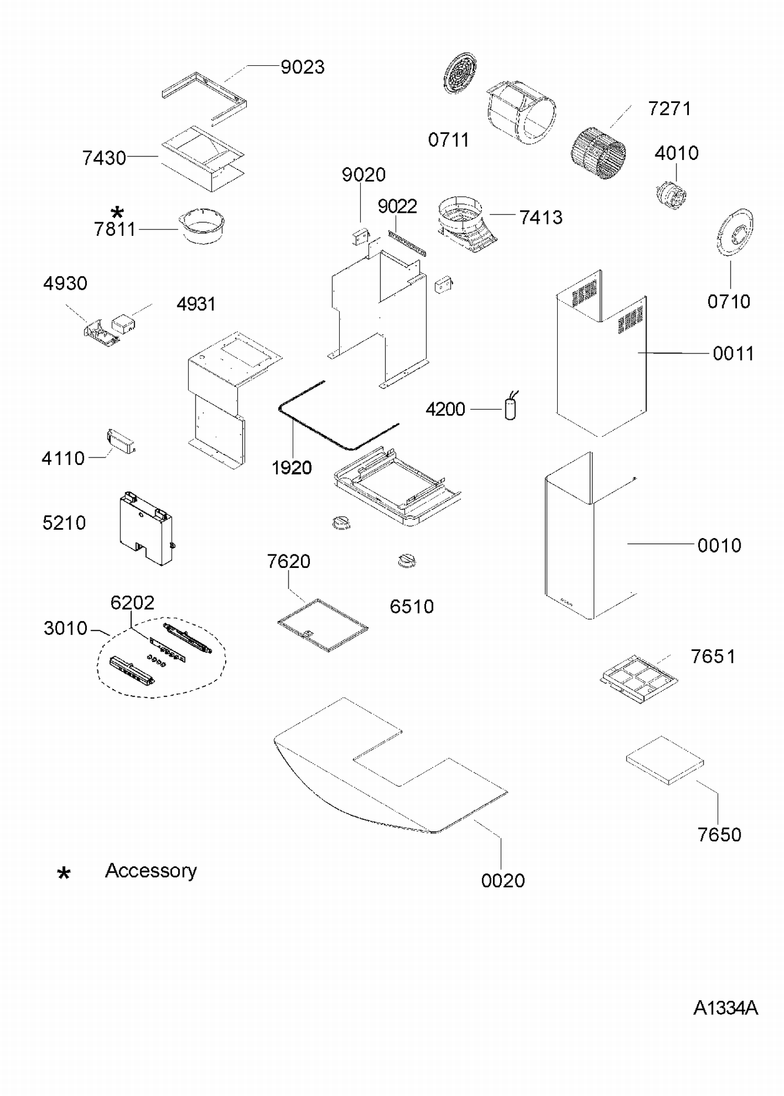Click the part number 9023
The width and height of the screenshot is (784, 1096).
(x=303, y=67)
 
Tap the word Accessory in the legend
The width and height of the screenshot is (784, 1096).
(x=151, y=871)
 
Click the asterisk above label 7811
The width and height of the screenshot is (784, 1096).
(x=118, y=212)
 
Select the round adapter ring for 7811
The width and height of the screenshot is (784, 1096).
(x=204, y=225)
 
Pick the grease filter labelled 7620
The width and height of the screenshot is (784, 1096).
(x=322, y=625)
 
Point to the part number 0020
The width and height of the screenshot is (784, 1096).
(x=503, y=881)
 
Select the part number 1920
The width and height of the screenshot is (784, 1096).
(x=292, y=467)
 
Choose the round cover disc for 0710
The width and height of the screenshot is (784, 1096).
(x=734, y=233)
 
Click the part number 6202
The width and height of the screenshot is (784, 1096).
(x=132, y=603)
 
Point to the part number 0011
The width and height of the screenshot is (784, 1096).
(x=733, y=354)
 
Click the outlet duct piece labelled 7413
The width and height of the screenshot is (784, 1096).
(x=464, y=224)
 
